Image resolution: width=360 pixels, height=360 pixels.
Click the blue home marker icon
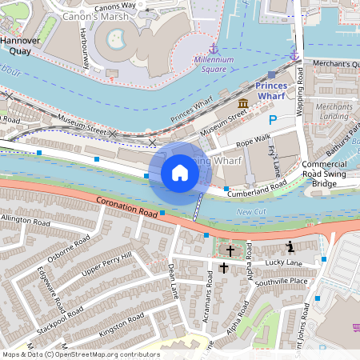(x=180, y=172)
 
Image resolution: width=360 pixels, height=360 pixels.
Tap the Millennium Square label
(x=213, y=64)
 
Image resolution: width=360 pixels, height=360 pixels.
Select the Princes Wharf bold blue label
(x=278, y=90)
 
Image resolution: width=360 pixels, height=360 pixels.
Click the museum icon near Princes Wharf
(x=243, y=105)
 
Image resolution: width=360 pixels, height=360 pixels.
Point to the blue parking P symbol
(x=273, y=120)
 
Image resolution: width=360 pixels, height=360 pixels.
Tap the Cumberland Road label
(x=257, y=189)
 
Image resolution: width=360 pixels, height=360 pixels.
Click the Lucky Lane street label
(x=284, y=262)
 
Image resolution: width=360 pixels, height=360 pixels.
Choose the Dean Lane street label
(x=173, y=282)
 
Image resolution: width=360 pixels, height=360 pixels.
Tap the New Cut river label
(x=251, y=211)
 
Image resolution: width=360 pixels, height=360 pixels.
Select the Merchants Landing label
(x=334, y=112)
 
